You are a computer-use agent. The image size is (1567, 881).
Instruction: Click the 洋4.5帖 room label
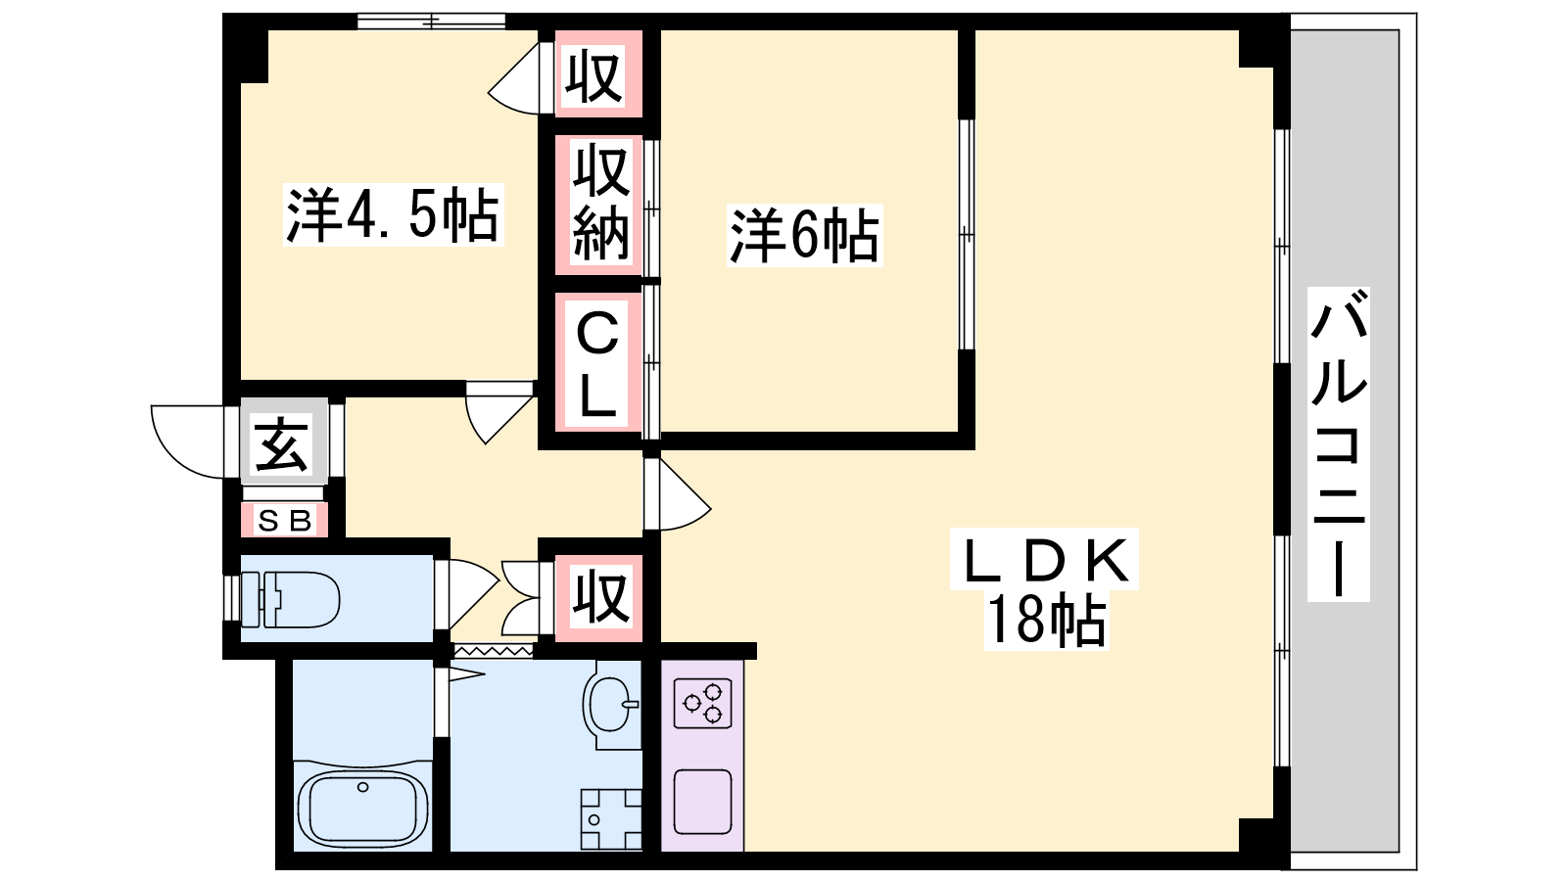tap(393, 214)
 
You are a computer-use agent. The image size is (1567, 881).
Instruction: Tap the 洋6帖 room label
tap(804, 235)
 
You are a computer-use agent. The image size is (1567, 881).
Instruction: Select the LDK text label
tap(1045, 562)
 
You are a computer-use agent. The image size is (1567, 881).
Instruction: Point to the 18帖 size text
tap(1045, 621)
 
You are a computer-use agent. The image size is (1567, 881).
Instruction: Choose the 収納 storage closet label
tap(599, 203)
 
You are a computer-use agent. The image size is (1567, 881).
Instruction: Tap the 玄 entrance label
tap(282, 445)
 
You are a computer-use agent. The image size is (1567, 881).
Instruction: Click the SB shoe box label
tap(284, 521)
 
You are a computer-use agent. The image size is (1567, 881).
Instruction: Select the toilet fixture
tap(290, 599)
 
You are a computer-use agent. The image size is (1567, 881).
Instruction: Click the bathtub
tap(362, 808)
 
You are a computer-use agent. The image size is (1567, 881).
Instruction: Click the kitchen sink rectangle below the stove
tap(703, 801)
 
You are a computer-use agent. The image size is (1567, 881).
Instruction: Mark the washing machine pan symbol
tap(610, 818)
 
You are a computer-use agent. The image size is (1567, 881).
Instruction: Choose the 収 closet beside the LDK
tap(599, 597)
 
